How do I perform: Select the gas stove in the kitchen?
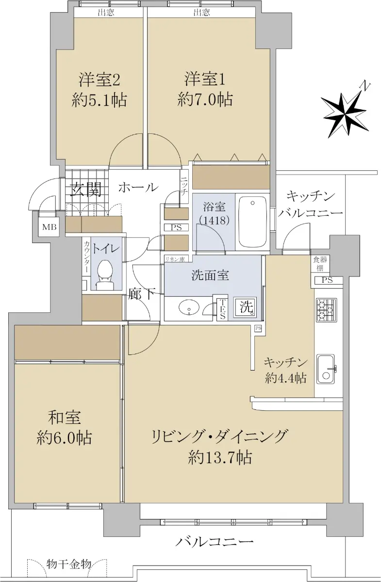[x=326, y=309]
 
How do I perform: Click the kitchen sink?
[x=326, y=369]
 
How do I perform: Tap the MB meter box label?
[x=50, y=227]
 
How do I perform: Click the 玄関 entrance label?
[x=86, y=190]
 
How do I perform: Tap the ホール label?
[x=138, y=187]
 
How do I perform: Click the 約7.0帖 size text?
[x=205, y=99]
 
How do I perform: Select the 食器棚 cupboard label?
[x=320, y=263]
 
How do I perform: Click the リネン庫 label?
[x=175, y=259]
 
